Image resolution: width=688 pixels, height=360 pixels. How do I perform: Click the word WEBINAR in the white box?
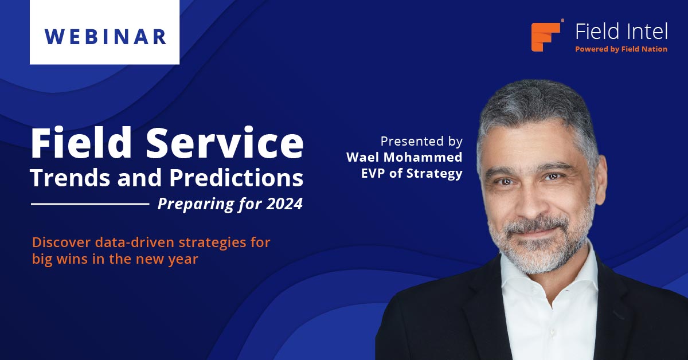pos(105,37)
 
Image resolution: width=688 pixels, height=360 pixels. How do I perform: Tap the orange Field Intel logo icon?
pos(546,37)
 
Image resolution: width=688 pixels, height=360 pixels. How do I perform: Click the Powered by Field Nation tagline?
pos(621,49)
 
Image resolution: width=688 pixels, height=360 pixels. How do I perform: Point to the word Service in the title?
pos(225,143)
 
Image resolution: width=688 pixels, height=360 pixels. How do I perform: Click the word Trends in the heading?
pos(70,178)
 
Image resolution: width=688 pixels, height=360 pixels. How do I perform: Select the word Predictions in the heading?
pos(236,178)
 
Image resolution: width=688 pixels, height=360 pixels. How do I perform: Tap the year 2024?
pos(284,204)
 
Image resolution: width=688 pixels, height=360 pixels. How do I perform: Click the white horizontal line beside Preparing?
pos(90,204)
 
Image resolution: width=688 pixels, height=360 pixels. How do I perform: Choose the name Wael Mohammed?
pos(404,157)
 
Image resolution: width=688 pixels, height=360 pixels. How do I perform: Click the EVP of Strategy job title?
pos(412,174)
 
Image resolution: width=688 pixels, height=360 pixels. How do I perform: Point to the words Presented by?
pos(421,142)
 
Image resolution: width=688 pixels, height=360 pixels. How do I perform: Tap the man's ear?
pos(600,179)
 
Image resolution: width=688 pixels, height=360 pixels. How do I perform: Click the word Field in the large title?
pos(81,143)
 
